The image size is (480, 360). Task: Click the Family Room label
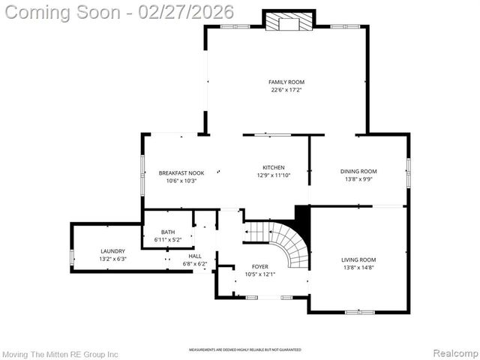[x=286, y=82]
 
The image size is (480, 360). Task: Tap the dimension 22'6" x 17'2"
[x=286, y=90]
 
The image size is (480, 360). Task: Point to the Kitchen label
[x=273, y=167]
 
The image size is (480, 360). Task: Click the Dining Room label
[x=358, y=171]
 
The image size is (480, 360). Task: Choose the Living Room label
[x=358, y=259]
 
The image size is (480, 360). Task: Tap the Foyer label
[x=259, y=266]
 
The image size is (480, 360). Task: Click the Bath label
[x=167, y=232]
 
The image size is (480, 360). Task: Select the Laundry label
[x=113, y=250]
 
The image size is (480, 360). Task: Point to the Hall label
[x=195, y=256]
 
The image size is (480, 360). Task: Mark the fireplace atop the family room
[x=286, y=22]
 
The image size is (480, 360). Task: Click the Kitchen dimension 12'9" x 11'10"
[x=273, y=175]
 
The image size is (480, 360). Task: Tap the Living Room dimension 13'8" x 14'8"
[x=358, y=267]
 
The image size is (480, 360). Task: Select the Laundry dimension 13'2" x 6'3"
[x=113, y=259]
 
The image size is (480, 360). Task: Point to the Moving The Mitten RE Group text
[x=60, y=352]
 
